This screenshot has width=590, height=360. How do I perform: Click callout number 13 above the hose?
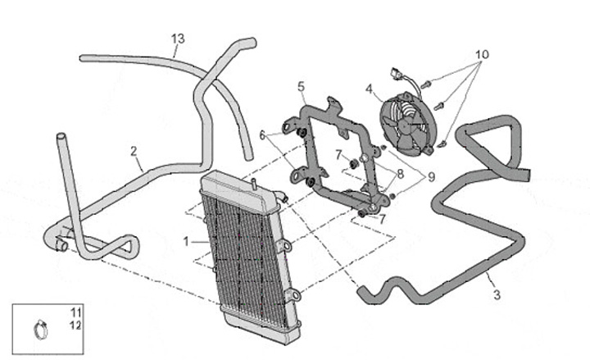coord(178,38)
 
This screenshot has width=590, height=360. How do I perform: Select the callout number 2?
coord(133,151)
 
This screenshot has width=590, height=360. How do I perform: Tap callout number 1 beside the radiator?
coord(186,241)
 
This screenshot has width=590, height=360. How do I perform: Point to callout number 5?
coord(301,85)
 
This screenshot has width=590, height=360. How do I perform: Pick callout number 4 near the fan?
coord(370,89)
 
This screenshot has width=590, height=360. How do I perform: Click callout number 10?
coord(481,54)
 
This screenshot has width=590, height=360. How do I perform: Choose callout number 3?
coord(495,293)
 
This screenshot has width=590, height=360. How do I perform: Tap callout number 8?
coord(401,174)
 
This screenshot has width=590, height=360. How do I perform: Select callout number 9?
coord(429,176)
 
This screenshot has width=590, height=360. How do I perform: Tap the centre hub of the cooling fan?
coord(407,125)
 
